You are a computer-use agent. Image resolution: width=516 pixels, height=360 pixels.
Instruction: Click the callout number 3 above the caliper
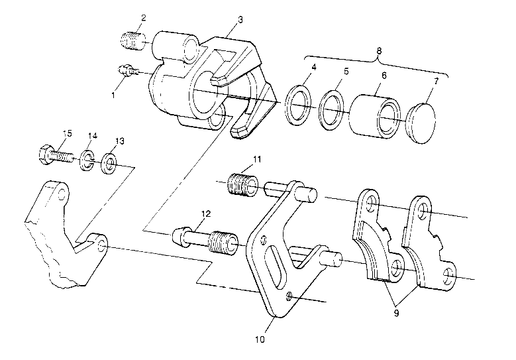pos(240,19)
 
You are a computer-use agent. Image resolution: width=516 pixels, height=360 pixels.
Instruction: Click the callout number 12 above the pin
pos(206,213)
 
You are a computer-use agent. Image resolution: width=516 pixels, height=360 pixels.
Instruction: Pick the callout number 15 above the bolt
pos(66,135)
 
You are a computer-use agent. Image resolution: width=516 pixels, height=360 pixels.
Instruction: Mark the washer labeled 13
pos(110,162)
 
